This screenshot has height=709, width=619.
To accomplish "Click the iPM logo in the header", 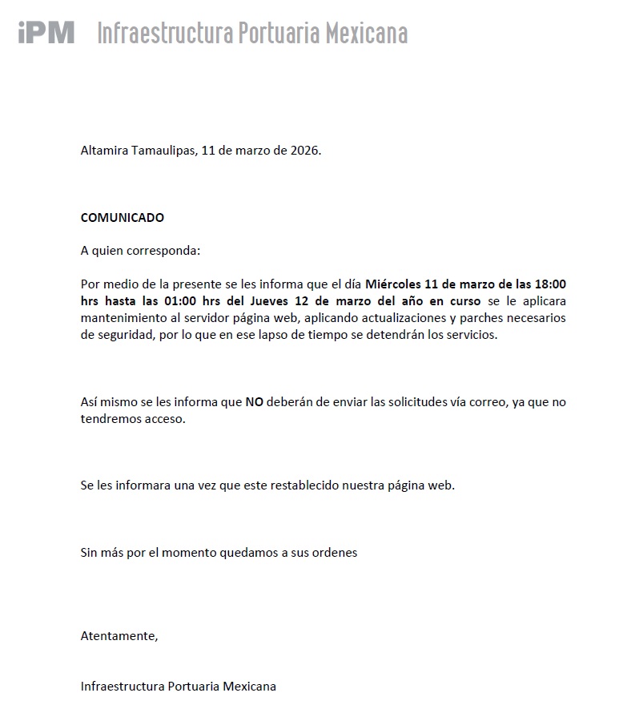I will pyautogui.click(x=46, y=32).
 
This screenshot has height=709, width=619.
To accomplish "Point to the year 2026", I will pyautogui.click(x=303, y=150).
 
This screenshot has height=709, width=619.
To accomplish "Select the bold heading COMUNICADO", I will pyautogui.click(x=123, y=217).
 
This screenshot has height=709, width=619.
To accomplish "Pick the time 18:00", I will pyautogui.click(x=550, y=284).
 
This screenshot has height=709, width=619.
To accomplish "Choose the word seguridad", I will pyautogui.click(x=121, y=335).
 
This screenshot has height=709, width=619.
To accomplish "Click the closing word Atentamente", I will pyautogui.click(x=119, y=636).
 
